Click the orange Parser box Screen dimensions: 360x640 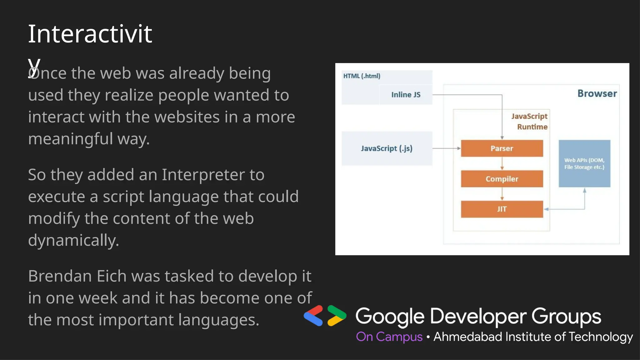pos(502,148)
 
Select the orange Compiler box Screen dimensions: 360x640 pos(502,179)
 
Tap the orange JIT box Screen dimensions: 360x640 pos(502,209)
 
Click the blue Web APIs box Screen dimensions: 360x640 pos(584,163)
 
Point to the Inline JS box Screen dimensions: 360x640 pos(406,94)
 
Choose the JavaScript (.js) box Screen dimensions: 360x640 pos(387,148)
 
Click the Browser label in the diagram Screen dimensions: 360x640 pos(597,93)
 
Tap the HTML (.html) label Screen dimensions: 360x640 pos(362,76)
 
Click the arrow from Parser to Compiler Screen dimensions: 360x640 pos(502,163)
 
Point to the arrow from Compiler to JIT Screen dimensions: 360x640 pos(502,194)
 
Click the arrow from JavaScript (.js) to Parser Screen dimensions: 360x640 pos(446,148)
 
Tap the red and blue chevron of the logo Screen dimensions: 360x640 pos(313,316)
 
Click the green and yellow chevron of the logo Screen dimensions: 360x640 pos(337,316)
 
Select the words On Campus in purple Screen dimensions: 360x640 pos(389,337)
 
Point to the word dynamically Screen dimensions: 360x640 pos(73,240)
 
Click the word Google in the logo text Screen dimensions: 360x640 pos(389,316)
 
